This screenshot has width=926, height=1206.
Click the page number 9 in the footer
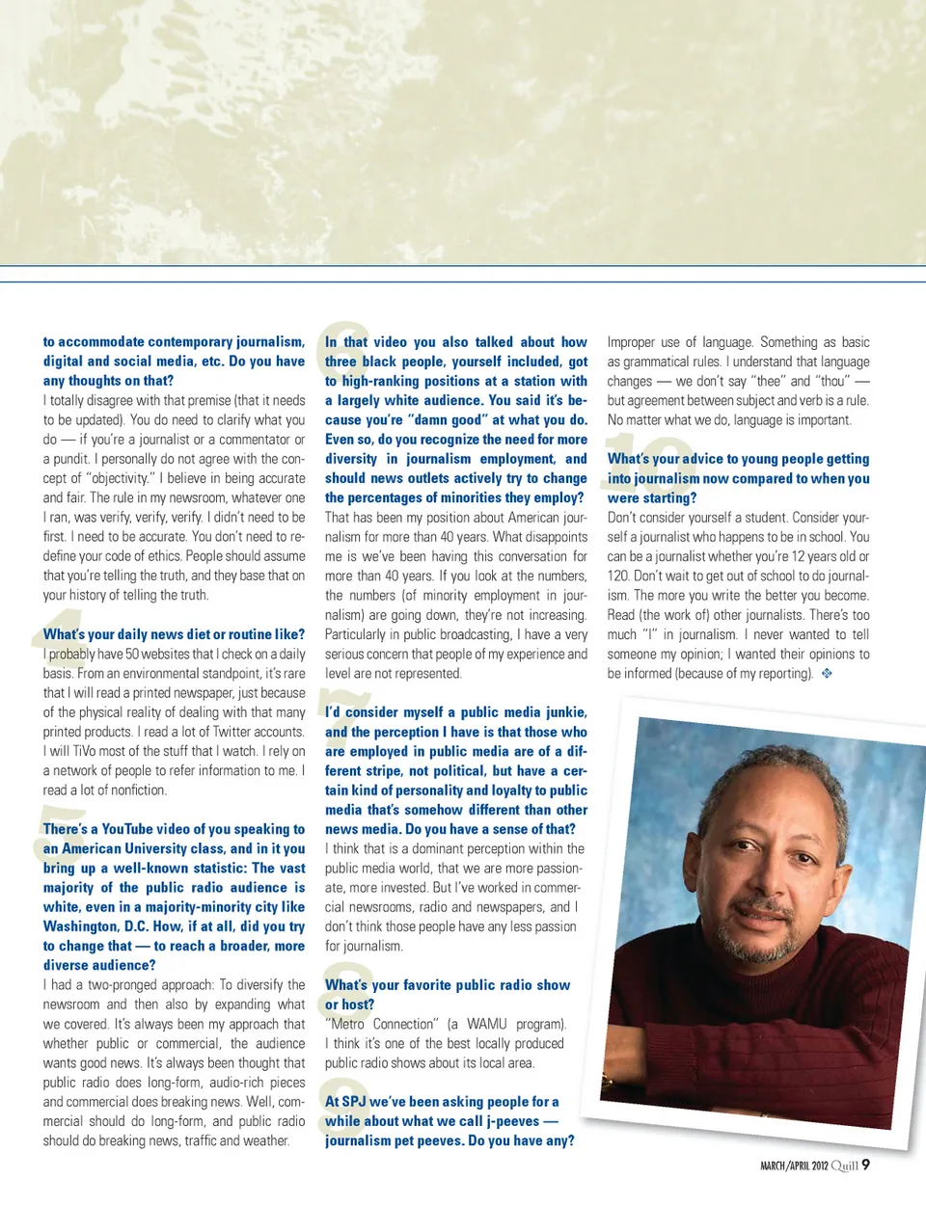click(865, 1165)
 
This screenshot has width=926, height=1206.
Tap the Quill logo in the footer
click(845, 1166)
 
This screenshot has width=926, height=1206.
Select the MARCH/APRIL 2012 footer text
click(794, 1166)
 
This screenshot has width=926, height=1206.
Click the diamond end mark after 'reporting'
click(827, 674)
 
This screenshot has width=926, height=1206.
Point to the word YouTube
click(127, 829)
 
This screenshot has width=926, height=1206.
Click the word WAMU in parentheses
click(487, 1024)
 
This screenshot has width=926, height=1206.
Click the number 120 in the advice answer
click(618, 576)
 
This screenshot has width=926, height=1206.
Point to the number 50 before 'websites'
click(132, 654)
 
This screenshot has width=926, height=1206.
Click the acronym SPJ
click(353, 1101)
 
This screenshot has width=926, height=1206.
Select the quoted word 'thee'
click(769, 381)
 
